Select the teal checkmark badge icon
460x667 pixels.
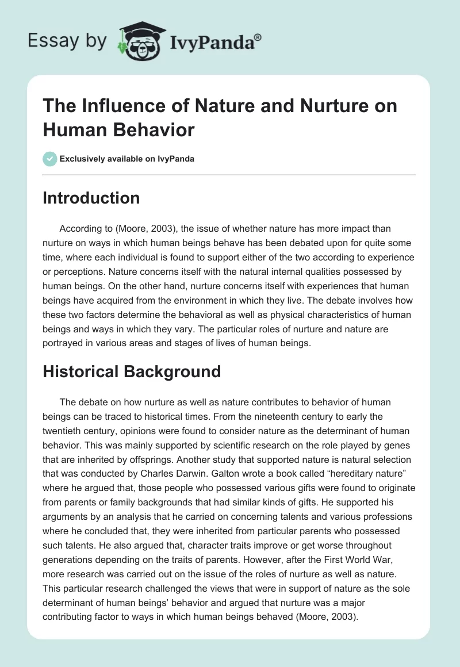click(x=50, y=159)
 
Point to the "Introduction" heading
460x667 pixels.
click(x=91, y=198)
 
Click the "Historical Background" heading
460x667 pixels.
click(x=132, y=371)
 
